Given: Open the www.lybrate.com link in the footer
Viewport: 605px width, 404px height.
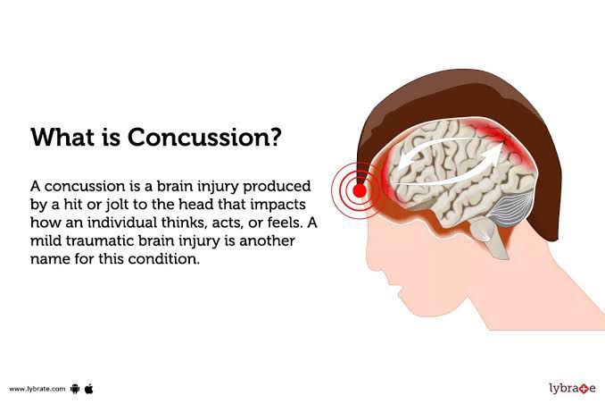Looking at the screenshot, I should (37, 389).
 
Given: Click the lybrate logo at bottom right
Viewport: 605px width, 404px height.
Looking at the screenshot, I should (571, 388).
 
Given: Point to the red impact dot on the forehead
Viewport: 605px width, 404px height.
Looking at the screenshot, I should (359, 189).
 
